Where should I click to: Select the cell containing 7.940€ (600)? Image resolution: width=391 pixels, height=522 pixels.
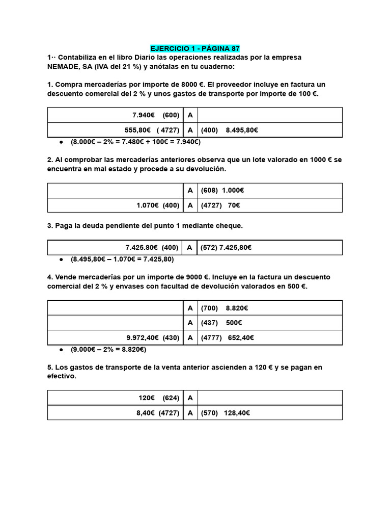point(152,115)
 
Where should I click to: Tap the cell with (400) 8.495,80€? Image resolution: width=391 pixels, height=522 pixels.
point(230,130)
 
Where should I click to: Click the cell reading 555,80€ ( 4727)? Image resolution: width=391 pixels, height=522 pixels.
point(152,130)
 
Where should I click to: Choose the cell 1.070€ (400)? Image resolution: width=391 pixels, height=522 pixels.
point(157,205)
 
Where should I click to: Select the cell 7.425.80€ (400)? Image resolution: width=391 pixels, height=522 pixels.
point(152,248)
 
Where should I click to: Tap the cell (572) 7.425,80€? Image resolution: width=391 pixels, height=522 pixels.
point(226,248)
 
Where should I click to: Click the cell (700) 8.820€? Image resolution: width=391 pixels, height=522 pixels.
point(225,308)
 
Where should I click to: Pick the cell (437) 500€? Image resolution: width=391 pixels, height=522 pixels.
point(221,323)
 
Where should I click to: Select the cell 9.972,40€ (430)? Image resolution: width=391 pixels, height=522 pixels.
point(153,337)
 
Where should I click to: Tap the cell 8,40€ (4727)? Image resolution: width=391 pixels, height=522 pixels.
point(157,413)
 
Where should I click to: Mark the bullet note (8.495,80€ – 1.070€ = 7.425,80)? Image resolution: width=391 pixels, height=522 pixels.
point(122,259)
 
